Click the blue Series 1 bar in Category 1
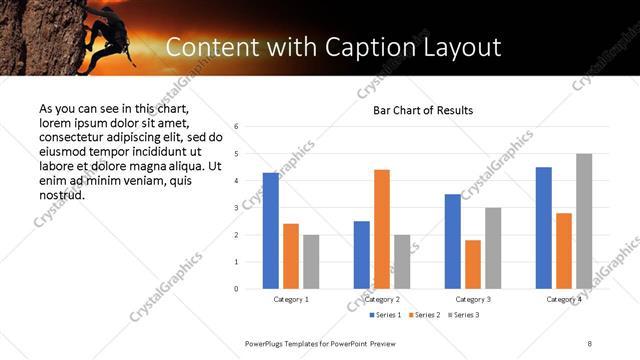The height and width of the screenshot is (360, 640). coord(270,231)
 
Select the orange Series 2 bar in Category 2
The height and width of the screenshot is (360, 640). coord(382,229)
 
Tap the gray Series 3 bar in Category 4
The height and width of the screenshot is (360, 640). coord(584,221)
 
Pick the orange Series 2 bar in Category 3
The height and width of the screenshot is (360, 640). coord(473,264)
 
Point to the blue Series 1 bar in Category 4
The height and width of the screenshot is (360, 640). coord(543,228)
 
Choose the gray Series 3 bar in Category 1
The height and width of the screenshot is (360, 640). coord(311,262)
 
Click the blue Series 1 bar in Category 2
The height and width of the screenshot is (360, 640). coord(361,255)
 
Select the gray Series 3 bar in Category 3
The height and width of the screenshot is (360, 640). coord(493,248)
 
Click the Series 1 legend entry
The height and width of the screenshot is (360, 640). coord(387,315)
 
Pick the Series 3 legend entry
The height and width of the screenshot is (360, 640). coord(465,315)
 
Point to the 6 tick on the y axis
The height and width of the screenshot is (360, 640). coord(235,127)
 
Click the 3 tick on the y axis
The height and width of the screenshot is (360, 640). coord(235,208)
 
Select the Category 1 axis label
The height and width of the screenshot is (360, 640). coord(291,299)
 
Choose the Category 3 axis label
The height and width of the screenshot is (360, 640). coord(473,299)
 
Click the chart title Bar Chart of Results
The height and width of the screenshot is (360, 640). coord(423,110)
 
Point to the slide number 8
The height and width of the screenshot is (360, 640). coord(589,343)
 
